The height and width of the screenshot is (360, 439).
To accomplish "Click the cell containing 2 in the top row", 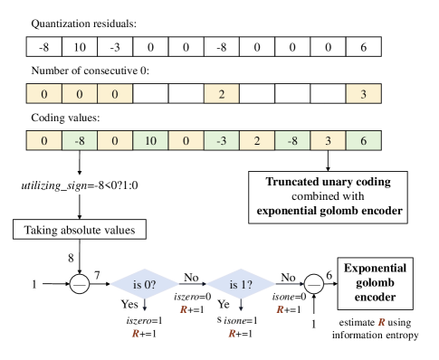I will [x=222, y=94].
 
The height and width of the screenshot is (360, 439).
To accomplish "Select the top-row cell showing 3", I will [x=364, y=94].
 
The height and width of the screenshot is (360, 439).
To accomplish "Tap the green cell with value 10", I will [x=150, y=140].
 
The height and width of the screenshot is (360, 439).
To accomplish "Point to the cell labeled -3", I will [x=222, y=140].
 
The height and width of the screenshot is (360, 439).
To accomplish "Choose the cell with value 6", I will [x=364, y=140].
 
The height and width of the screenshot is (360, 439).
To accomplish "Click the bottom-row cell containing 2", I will [x=257, y=140].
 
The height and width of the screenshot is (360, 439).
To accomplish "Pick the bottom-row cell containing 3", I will [x=329, y=140].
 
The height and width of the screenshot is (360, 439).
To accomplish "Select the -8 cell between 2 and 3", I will [x=292, y=140].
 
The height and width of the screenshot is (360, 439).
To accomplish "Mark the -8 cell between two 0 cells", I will [x=80, y=140].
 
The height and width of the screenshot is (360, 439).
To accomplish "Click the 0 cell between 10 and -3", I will [x=186, y=140].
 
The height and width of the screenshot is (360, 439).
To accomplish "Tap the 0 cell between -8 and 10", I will [x=115, y=140].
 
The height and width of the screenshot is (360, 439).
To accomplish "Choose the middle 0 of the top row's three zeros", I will [x=80, y=94].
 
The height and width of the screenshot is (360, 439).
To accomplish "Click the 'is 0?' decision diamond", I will [x=144, y=285].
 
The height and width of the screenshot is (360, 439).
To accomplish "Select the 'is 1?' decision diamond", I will [x=240, y=285].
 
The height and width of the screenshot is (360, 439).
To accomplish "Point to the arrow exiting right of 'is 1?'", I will [x=290, y=285].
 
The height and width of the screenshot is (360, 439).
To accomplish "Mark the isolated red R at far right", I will [x=381, y=322].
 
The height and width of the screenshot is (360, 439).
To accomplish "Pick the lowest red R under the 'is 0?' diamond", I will [x=136, y=334].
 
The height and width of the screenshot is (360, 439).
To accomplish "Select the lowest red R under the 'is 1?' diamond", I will [x=232, y=334].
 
